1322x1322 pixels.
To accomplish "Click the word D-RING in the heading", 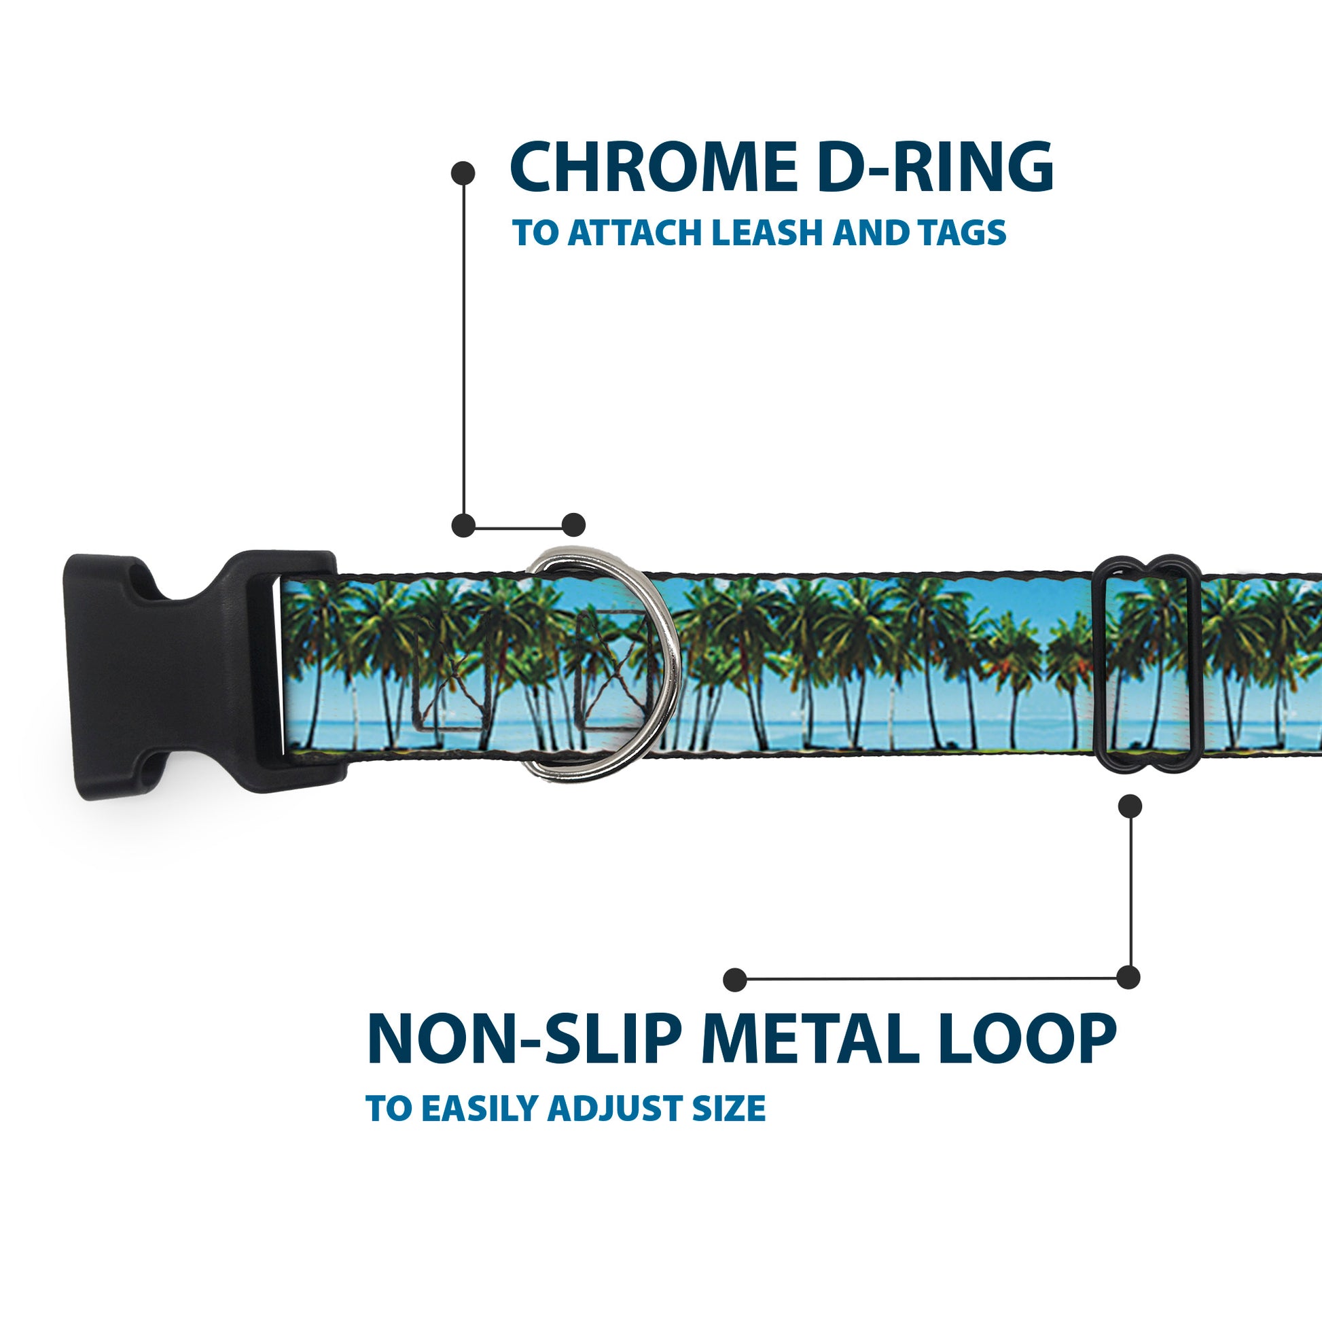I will coord(935,168).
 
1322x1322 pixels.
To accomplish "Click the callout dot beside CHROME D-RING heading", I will coord(463,173).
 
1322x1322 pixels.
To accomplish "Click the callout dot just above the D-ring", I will coord(573,525).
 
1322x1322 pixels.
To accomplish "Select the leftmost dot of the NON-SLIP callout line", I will coord(735,979).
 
